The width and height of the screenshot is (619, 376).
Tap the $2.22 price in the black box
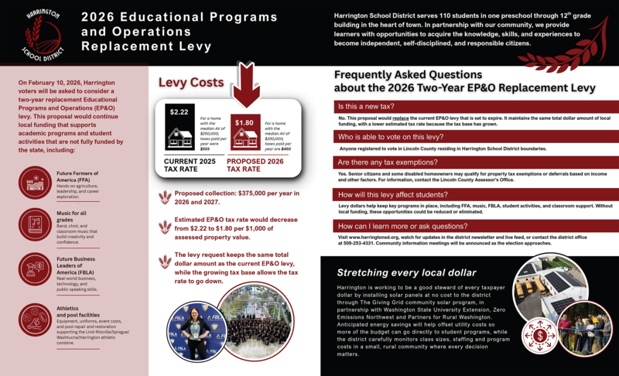point(178,112)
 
